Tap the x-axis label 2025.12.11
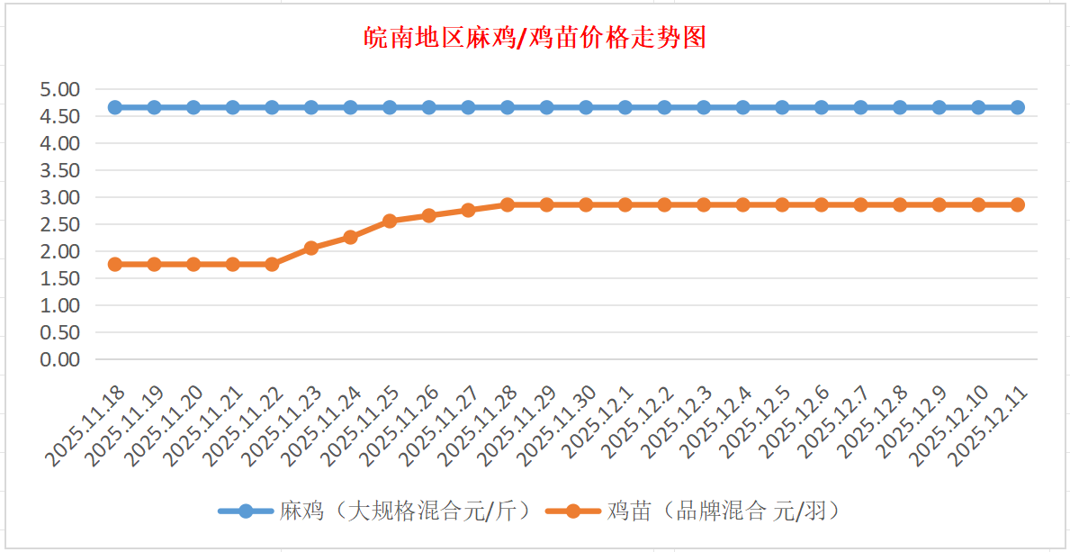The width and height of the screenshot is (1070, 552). click(991, 427)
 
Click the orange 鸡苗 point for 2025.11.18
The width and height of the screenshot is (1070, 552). click(115, 264)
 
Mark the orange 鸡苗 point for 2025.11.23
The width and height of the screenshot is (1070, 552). click(311, 248)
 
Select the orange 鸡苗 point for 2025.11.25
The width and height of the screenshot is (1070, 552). click(390, 221)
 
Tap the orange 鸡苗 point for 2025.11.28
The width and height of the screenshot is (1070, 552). click(508, 204)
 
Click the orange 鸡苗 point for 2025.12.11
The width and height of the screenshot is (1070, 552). click(1018, 204)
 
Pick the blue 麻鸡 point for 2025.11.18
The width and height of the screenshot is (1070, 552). click(115, 107)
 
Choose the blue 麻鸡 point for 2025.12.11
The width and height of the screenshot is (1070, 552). click(1018, 107)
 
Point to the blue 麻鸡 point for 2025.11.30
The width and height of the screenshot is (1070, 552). click(586, 107)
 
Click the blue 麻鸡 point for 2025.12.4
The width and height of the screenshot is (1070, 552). click(743, 107)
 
